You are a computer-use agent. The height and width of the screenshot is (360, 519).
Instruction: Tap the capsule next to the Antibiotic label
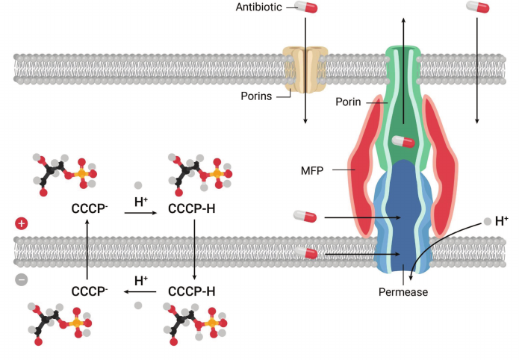(305, 7)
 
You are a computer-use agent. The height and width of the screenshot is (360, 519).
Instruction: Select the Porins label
(258, 96)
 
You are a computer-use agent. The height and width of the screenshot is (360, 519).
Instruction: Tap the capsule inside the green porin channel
(403, 142)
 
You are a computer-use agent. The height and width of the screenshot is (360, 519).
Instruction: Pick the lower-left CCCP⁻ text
(87, 291)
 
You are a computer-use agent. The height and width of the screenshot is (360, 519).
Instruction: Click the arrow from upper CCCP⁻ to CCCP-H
(140, 214)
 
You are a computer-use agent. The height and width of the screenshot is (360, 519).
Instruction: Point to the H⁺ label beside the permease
(501, 221)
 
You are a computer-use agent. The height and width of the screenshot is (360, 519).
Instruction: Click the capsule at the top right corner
(477, 7)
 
